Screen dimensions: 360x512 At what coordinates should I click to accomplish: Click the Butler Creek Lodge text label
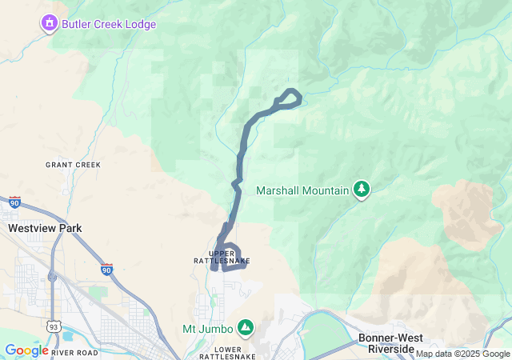(109, 24)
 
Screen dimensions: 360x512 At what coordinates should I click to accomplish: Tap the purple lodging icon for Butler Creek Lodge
(50, 24)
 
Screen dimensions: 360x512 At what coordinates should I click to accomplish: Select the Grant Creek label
(73, 165)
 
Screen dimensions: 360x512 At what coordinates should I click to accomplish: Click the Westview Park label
(45, 228)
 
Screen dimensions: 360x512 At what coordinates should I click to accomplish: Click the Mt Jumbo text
(208, 329)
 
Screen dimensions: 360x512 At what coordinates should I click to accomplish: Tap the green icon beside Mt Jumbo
(246, 328)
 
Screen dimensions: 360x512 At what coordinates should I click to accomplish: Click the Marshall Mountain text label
(302, 190)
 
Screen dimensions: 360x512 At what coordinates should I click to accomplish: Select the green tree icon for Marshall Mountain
(362, 189)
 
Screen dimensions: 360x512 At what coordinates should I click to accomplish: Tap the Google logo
(26, 350)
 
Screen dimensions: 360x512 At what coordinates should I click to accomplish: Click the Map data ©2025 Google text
(462, 354)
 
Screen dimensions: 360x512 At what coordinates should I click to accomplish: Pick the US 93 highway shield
(53, 326)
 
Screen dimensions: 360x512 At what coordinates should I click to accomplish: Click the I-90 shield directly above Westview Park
(14, 203)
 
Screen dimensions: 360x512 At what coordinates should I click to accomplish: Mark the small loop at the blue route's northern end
(288, 98)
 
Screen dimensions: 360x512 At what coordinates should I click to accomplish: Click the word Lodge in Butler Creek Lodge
(139, 24)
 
